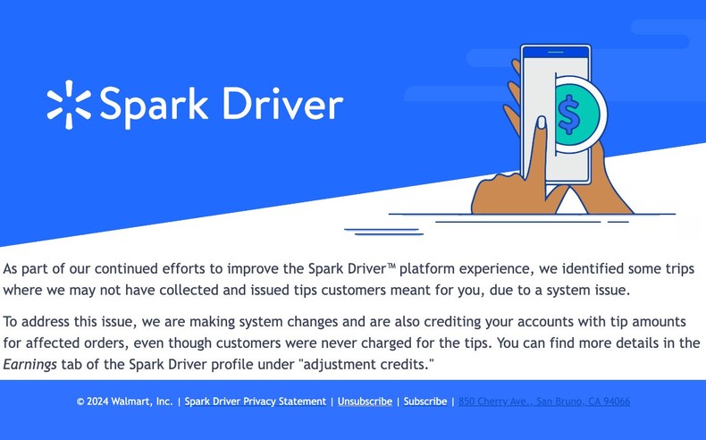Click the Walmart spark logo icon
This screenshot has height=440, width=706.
68,103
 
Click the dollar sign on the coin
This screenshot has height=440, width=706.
569,114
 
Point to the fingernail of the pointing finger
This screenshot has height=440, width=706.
541,123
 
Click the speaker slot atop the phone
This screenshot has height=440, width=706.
555,53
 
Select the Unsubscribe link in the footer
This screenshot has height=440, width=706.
365,402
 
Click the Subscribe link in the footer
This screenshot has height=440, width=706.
425,402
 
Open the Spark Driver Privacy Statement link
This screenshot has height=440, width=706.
255,402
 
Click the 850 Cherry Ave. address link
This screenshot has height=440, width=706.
544,402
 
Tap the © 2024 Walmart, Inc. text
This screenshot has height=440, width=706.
124,402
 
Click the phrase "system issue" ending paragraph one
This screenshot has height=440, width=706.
587,290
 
